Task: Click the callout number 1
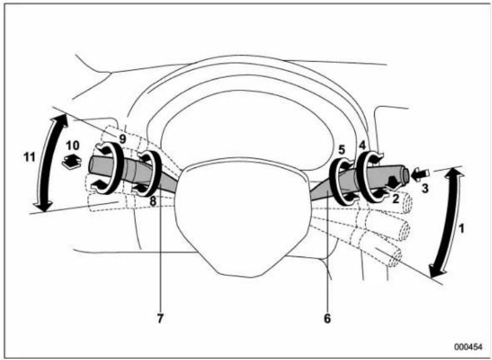tap(461, 228)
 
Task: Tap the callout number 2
tap(395, 199)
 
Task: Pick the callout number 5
tap(341, 149)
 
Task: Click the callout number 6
tap(328, 318)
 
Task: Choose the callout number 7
tap(160, 318)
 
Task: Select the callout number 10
tap(72, 144)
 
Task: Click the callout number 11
tap(28, 158)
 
